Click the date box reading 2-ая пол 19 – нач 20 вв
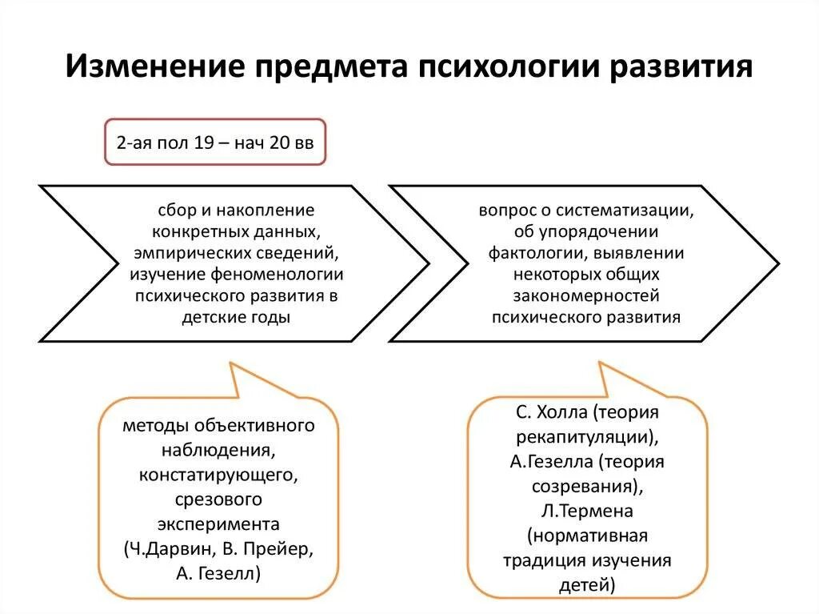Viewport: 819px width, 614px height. tap(216, 143)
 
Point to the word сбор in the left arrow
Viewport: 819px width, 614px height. tap(176, 210)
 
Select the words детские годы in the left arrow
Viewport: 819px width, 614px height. tap(236, 318)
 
